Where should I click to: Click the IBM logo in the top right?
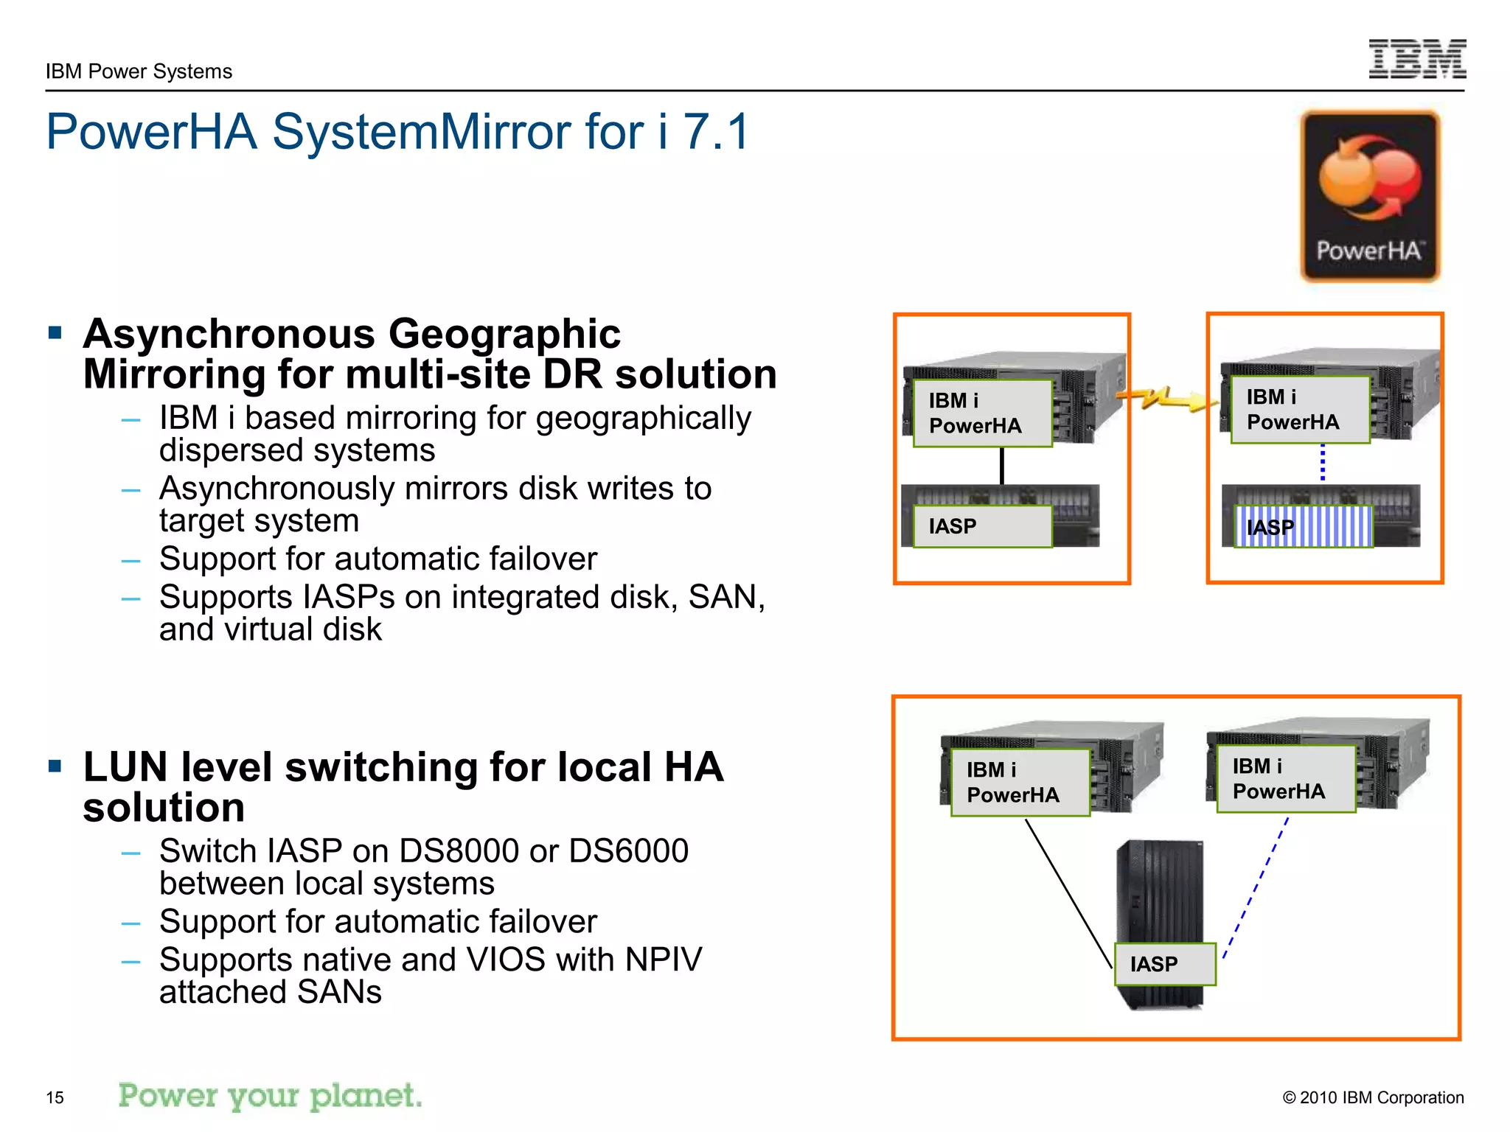(1417, 59)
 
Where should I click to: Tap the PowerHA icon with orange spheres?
(1370, 196)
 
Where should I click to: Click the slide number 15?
(55, 1097)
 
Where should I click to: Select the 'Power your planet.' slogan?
(270, 1096)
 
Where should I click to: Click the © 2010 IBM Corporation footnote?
(1373, 1097)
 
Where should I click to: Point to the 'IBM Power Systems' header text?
(139, 71)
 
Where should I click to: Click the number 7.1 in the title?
(715, 133)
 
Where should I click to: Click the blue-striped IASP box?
(1304, 526)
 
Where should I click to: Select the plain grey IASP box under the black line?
(982, 526)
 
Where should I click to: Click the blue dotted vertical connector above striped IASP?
(1323, 463)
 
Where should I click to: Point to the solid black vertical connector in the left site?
(1001, 466)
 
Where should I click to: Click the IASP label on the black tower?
(1164, 964)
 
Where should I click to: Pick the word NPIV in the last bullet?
(663, 960)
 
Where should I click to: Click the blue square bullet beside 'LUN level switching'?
(55, 766)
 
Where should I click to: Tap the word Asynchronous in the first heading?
(229, 334)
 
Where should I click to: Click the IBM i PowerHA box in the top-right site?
(1300, 410)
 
